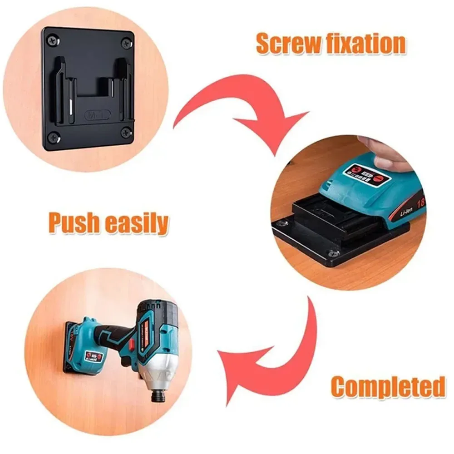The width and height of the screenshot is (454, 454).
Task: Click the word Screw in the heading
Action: tap(288, 44)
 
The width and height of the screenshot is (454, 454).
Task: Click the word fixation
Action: tap(365, 44)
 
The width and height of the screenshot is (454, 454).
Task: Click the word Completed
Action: tap(388, 387)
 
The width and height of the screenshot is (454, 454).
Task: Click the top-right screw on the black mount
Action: tap(127, 43)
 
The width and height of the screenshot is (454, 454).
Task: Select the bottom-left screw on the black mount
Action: tap(53, 135)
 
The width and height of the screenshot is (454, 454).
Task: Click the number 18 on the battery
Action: tap(420, 202)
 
